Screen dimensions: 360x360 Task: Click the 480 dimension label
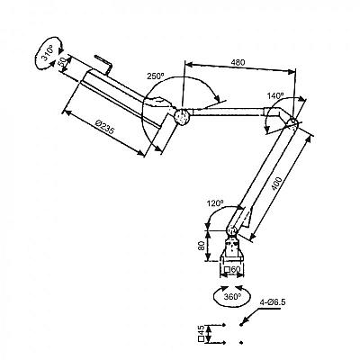(238, 63)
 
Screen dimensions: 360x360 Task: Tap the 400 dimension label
(276, 184)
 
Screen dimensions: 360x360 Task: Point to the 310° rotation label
(47, 53)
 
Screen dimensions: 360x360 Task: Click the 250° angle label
(156, 76)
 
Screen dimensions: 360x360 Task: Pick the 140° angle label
(275, 95)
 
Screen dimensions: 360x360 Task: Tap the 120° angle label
(215, 203)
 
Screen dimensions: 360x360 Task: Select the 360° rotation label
(232, 297)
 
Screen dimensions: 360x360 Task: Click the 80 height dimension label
(202, 246)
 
